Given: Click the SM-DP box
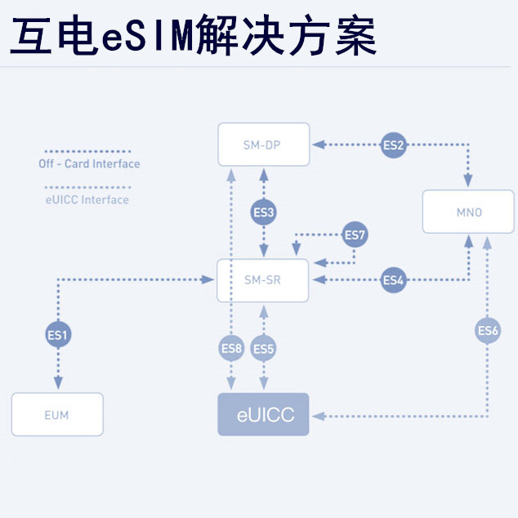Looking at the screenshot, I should click(x=263, y=145).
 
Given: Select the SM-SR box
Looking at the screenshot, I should click(x=263, y=280).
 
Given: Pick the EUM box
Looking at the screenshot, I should click(x=57, y=414).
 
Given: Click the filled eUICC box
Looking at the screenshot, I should click(x=263, y=414).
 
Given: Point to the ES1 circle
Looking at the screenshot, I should click(x=58, y=333).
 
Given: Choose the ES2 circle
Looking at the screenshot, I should click(x=393, y=145).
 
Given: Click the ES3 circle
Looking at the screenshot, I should click(x=263, y=212).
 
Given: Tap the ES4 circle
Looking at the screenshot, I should click(x=393, y=280).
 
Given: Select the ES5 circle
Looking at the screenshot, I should click(x=263, y=349).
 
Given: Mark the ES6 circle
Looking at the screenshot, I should click(x=488, y=330).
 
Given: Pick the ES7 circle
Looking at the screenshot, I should click(x=355, y=235).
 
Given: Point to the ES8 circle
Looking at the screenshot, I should click(x=232, y=349).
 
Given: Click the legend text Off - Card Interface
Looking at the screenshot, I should click(x=89, y=164).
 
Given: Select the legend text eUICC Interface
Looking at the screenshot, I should click(x=85, y=199).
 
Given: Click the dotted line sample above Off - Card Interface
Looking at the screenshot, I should click(x=85, y=151).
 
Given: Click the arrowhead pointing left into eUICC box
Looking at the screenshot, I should click(x=319, y=416).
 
